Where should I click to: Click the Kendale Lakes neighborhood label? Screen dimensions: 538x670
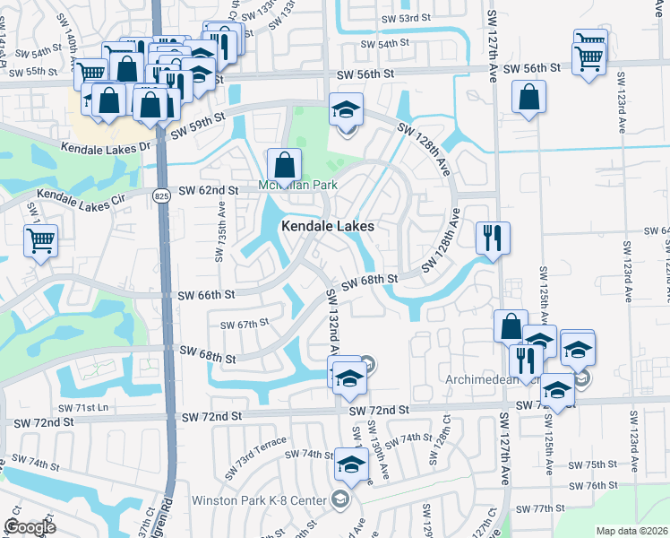(327, 227)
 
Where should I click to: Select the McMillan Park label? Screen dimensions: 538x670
(284, 186)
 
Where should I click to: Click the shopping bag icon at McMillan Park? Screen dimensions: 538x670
(284, 165)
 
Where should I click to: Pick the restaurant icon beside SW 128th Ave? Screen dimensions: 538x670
(493, 238)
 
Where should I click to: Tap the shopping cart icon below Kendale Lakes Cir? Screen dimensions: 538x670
(41, 240)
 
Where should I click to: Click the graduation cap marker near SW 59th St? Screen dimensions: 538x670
(345, 110)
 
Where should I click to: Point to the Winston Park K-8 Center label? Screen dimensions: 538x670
(259, 499)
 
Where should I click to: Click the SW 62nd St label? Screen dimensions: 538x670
(209, 190)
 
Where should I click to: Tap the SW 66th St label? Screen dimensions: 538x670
(206, 295)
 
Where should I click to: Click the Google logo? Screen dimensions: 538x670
(30, 526)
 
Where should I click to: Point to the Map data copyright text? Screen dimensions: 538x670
(631, 531)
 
